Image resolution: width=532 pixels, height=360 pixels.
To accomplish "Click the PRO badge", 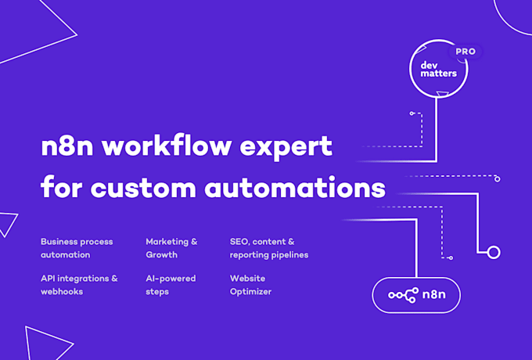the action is (x=465, y=52).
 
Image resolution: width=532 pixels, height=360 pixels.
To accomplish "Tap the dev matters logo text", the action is (x=438, y=69).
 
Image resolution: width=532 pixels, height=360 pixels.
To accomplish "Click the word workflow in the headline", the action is (x=167, y=146).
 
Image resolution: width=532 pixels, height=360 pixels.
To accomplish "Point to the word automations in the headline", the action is (x=295, y=187).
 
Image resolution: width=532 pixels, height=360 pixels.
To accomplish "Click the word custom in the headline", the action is (x=143, y=188).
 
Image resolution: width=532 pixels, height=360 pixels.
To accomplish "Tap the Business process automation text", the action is (x=77, y=248).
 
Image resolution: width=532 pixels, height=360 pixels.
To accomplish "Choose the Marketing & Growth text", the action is (x=171, y=248).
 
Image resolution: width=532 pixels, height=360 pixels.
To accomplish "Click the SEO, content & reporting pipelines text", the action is (x=269, y=248).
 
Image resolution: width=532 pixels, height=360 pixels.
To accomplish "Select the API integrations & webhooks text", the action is (x=79, y=285).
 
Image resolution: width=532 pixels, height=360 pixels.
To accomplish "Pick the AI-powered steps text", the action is (x=171, y=285).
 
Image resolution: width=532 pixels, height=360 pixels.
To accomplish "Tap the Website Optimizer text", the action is (x=250, y=285).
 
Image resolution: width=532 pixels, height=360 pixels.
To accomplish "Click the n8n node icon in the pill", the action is (x=404, y=295).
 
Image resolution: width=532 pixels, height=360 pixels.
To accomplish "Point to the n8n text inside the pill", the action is (x=434, y=294).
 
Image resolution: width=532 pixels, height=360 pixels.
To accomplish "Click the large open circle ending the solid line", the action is (x=494, y=253).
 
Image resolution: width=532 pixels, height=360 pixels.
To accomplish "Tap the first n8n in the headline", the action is (x=67, y=146).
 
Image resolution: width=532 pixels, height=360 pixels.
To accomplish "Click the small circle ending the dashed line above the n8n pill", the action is (x=451, y=258).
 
